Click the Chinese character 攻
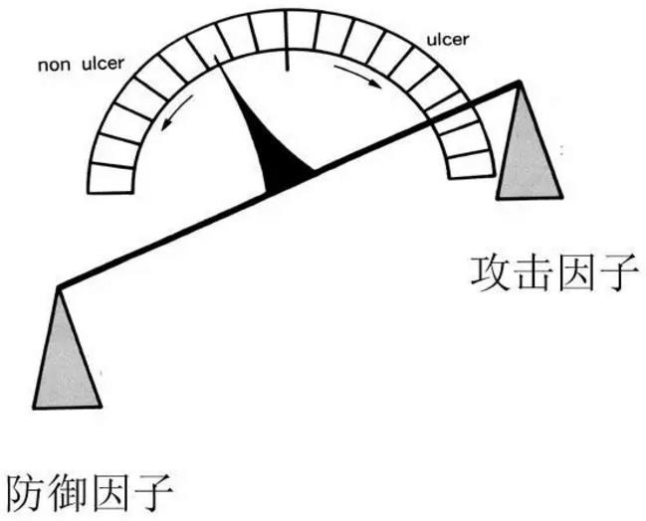tap(492, 271)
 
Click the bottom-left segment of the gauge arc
tap(110, 179)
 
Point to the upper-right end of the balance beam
tap(518, 84)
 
